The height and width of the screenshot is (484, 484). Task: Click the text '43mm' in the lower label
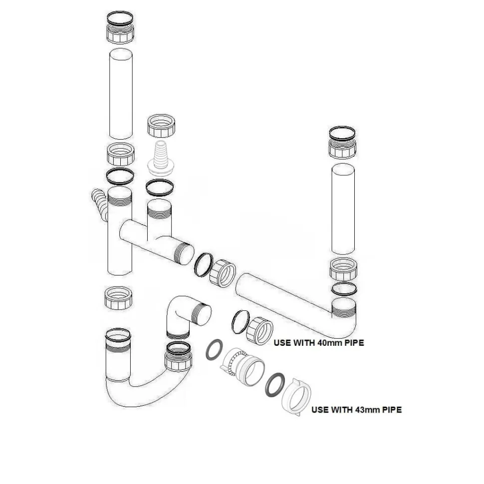(369, 410)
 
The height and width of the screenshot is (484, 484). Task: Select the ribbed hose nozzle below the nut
(161, 158)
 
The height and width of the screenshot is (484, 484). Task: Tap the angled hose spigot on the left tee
(100, 204)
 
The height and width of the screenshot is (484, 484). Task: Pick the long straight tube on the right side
(343, 209)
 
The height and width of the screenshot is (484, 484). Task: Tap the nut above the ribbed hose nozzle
(161, 126)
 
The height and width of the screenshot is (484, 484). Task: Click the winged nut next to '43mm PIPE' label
(296, 397)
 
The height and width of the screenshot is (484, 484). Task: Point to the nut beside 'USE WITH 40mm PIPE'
(259, 331)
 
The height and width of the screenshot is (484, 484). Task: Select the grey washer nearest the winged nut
(275, 385)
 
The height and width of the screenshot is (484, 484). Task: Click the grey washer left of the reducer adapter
(215, 349)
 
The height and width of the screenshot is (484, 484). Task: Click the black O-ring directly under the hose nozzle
(159, 188)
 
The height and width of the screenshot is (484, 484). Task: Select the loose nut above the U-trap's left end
(119, 298)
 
